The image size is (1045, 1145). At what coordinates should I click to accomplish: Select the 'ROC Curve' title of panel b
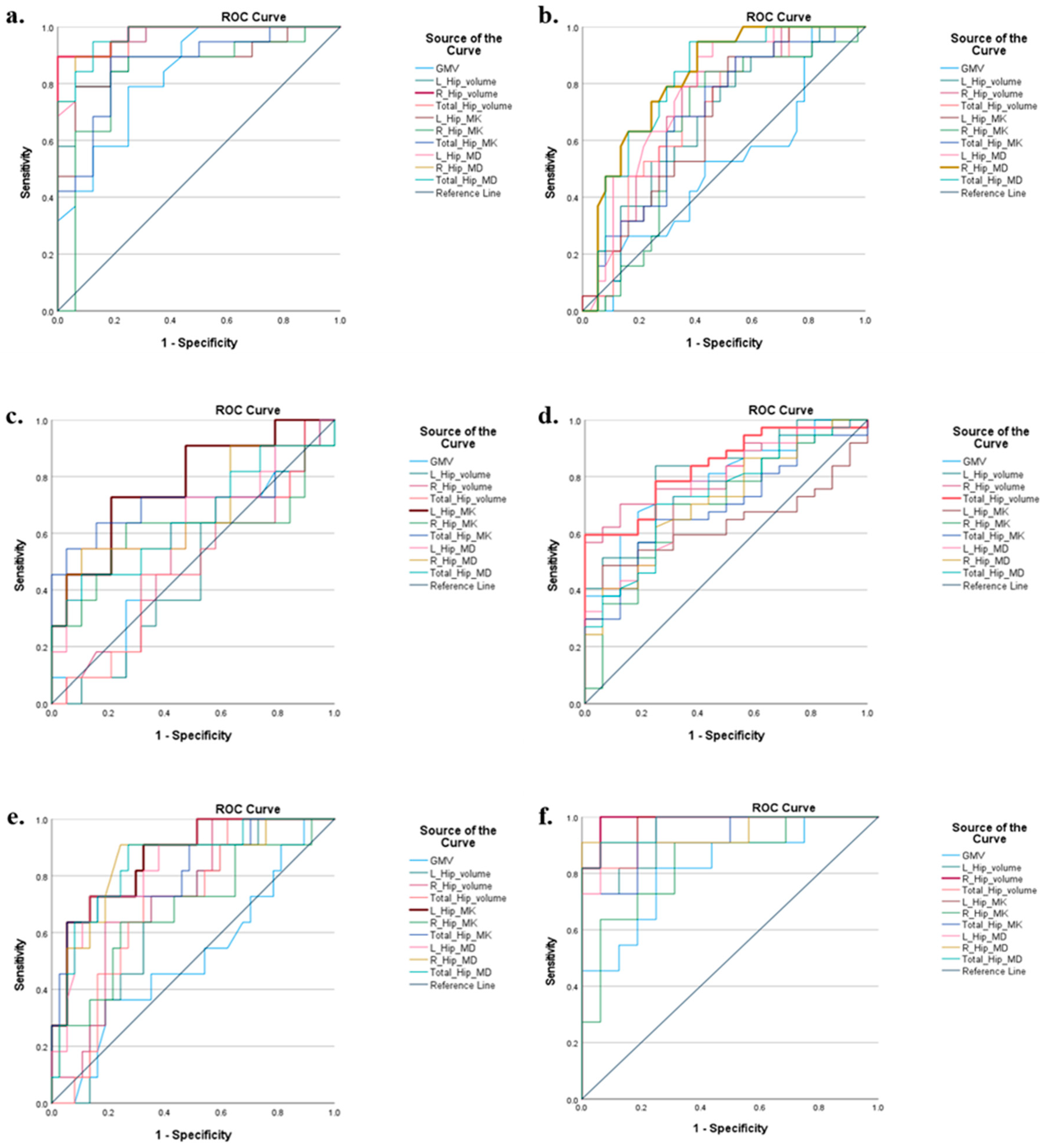778,17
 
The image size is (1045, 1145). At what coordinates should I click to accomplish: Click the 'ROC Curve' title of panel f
783,808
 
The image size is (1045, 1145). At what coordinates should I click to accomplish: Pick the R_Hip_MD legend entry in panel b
984,168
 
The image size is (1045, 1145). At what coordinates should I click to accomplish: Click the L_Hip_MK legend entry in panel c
453,512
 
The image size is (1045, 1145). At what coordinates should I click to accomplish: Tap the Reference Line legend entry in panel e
462,985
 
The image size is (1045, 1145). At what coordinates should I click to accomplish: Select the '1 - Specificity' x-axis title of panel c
193,736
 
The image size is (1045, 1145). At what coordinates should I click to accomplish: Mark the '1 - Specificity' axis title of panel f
729,1128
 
